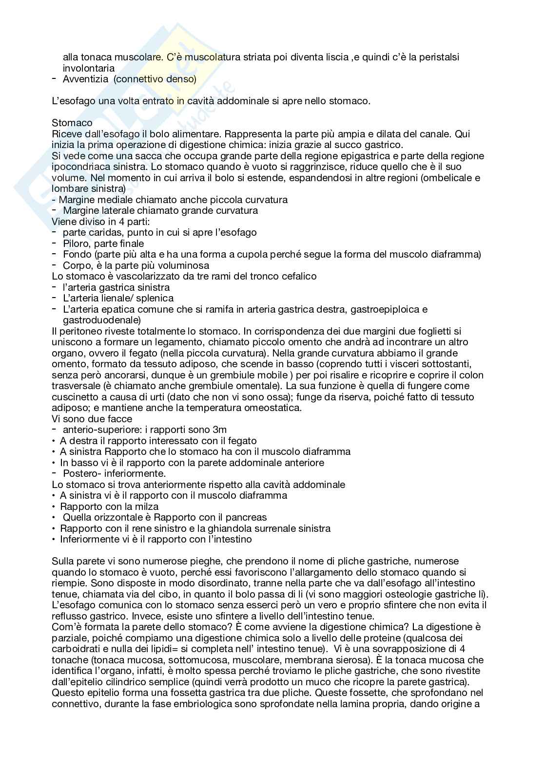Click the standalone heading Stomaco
pyautogui.click(x=72, y=123)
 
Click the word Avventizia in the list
pyautogui.click(x=85, y=79)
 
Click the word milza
pyautogui.click(x=148, y=506)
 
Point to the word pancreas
pyautogui.click(x=247, y=517)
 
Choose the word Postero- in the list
pyautogui.click(x=81, y=473)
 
